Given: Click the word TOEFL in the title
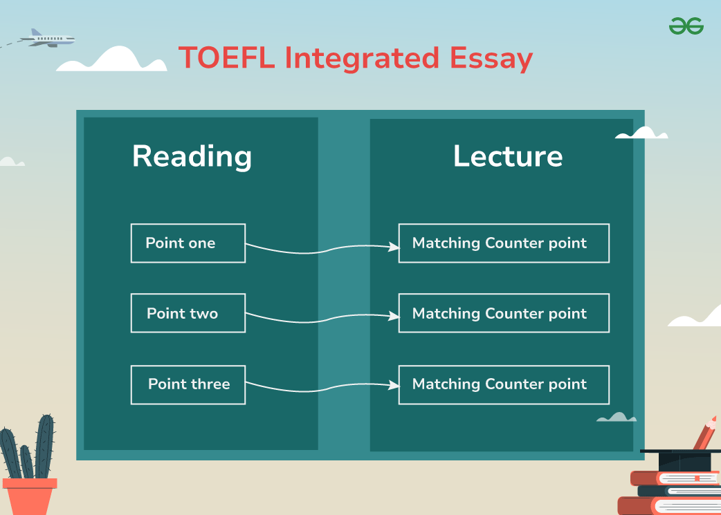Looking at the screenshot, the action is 227,58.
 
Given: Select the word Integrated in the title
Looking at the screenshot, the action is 362,59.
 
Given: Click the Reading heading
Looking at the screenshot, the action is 192,157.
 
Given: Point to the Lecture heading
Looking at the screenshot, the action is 508,156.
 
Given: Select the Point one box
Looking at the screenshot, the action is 188,243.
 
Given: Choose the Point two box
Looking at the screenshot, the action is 188,313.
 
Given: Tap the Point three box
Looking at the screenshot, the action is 188,385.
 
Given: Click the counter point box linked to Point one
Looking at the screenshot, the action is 504,243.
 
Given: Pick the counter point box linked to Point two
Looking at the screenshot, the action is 504,313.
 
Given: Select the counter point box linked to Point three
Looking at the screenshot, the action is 504,385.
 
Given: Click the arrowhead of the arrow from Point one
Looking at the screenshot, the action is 394,247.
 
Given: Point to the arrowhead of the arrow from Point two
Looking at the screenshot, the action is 394,316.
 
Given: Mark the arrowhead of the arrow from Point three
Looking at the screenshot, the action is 394,384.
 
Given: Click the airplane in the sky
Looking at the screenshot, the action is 48,39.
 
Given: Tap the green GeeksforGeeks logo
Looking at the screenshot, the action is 686,26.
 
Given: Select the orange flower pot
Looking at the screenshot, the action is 30,496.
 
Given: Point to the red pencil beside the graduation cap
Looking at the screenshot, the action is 705,433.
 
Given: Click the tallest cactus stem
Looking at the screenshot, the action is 44,447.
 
